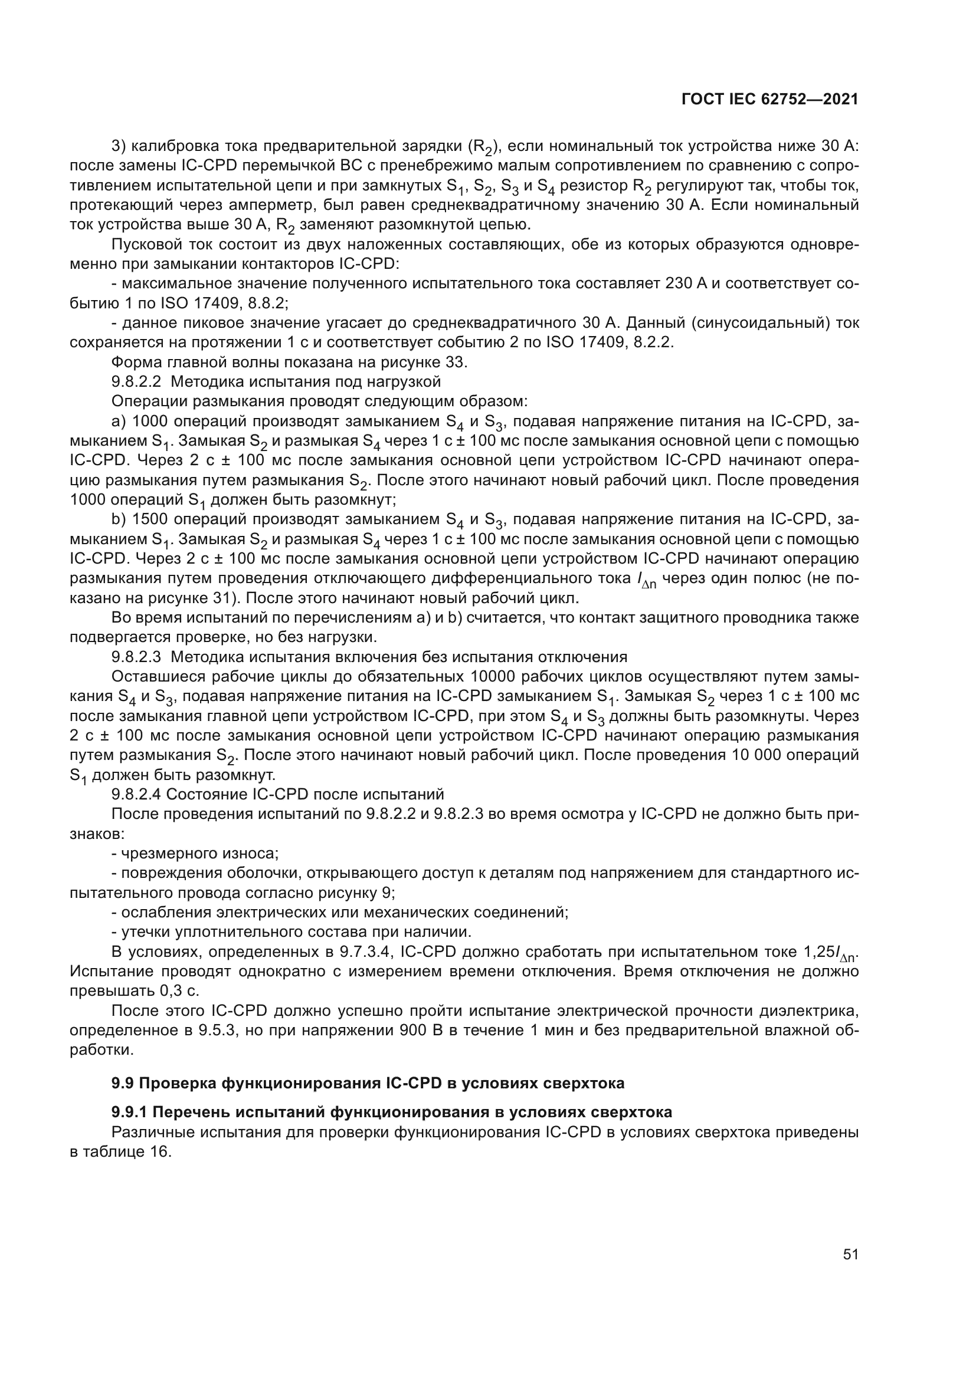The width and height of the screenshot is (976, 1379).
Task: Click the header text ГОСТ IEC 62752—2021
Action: pyautogui.click(x=770, y=100)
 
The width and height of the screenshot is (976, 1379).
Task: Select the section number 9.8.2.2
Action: pyautogui.click(x=136, y=382)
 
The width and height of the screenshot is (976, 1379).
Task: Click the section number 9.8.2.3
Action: pyautogui.click(x=136, y=657)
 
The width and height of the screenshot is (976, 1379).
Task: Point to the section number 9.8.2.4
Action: pyautogui.click(x=136, y=795)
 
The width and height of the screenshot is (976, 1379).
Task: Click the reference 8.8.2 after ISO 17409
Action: pyautogui.click(x=268, y=303)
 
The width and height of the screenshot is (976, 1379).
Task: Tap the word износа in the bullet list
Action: pyautogui.click(x=248, y=854)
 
